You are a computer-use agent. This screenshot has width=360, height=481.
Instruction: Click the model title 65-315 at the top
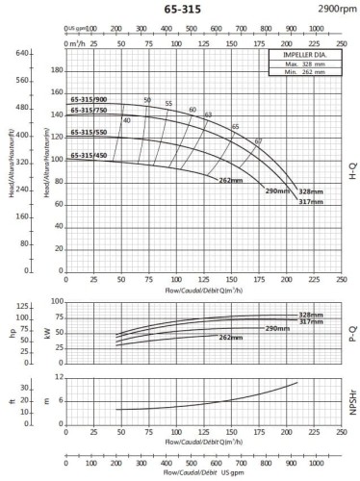coord(180,9)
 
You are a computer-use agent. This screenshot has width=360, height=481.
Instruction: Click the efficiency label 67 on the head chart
coord(258,142)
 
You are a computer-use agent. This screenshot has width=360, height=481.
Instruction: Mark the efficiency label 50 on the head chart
coord(147,100)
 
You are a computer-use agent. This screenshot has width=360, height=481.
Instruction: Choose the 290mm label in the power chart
coord(277,329)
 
